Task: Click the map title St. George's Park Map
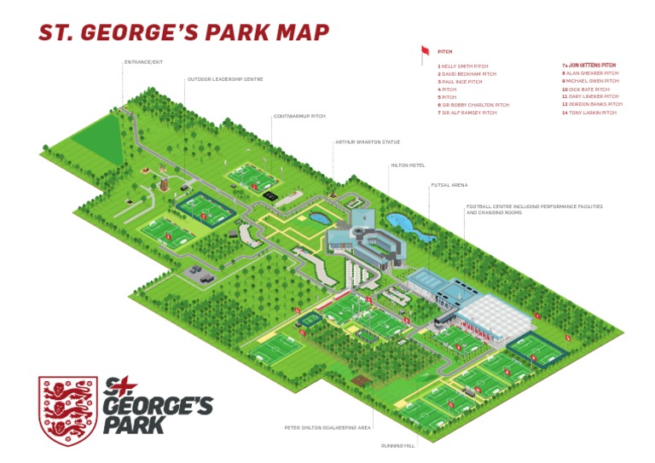183,32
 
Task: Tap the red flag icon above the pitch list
425,52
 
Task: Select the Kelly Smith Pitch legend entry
464,66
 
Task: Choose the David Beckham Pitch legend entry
467,74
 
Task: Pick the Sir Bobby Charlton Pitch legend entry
473,105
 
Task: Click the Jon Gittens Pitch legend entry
589,65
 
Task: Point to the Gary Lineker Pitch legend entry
590,96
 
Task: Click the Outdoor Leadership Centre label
225,79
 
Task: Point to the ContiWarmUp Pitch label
299,116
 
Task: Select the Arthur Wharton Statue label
368,142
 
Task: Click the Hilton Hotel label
407,165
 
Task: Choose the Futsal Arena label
449,185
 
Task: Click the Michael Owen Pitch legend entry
589,81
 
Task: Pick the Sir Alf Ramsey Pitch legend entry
467,113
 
